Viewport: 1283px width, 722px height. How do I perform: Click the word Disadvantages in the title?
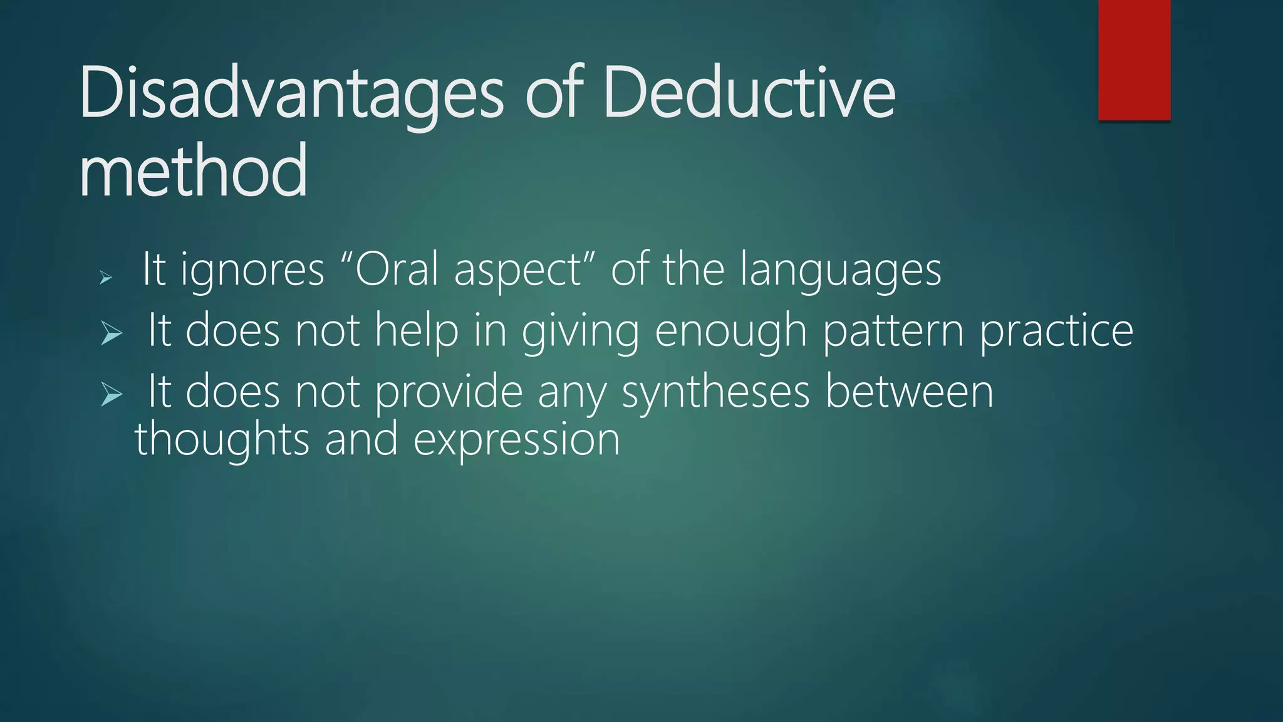click(291, 94)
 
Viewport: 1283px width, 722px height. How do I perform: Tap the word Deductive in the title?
click(749, 94)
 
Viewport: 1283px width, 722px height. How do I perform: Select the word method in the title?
click(193, 170)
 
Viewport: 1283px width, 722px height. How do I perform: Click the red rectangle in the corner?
click(1134, 60)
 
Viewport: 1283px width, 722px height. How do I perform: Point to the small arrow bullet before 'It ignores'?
click(106, 276)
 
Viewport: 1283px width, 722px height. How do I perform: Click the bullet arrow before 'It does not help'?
click(112, 333)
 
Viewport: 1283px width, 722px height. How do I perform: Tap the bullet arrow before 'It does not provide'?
click(112, 395)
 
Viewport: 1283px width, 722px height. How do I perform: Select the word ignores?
click(252, 271)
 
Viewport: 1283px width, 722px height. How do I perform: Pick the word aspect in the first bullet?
click(517, 271)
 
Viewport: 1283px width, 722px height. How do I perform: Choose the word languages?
click(839, 271)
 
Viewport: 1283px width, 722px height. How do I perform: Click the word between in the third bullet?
click(909, 392)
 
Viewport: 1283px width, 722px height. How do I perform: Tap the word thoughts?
click(222, 439)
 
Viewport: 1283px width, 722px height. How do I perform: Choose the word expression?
click(516, 441)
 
